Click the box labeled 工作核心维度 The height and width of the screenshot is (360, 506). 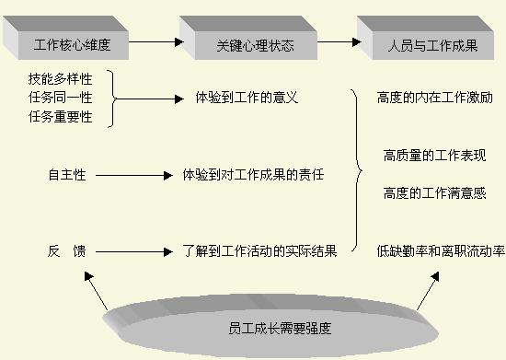65,42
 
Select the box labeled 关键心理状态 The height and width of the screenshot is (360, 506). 242,42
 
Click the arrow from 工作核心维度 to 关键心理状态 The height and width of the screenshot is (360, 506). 152,41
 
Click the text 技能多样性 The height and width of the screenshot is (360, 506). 60,79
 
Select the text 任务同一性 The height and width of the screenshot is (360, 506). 60,98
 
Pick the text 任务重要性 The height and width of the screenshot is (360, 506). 60,116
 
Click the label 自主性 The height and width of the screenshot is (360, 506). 66,174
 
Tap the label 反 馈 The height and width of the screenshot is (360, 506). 66,250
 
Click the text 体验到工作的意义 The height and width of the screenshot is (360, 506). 247,97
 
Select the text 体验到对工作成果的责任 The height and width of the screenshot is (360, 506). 253,174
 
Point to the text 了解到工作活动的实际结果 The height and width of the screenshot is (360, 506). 259,250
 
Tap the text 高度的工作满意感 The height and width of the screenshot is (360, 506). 432,193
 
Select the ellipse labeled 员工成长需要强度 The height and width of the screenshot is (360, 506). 267,324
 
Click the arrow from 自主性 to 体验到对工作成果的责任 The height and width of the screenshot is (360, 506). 133,174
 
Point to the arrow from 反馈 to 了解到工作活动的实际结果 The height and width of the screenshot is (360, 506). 133,250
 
